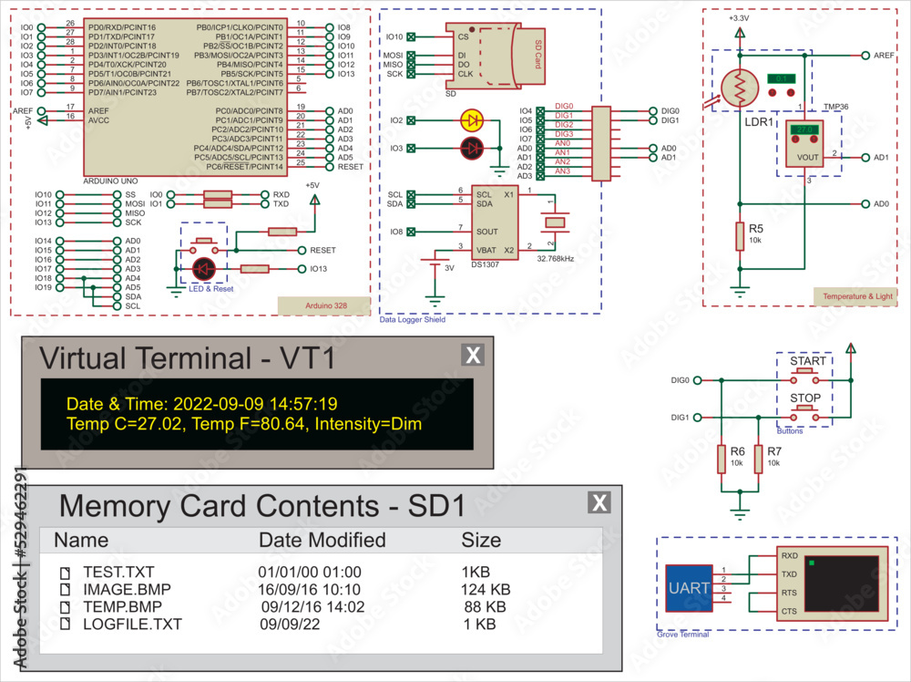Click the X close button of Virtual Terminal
coord(473,356)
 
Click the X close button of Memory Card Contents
coord(599,502)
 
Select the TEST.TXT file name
coord(118,573)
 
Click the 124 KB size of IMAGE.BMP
coord(486,590)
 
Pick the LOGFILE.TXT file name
coord(132,625)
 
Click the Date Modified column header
coord(322,540)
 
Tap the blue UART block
coord(689,588)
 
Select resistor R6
coord(722,460)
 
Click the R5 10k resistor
coord(739,236)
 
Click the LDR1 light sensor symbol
coord(740,88)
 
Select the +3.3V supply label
coord(739,18)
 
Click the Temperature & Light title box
coord(857,296)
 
